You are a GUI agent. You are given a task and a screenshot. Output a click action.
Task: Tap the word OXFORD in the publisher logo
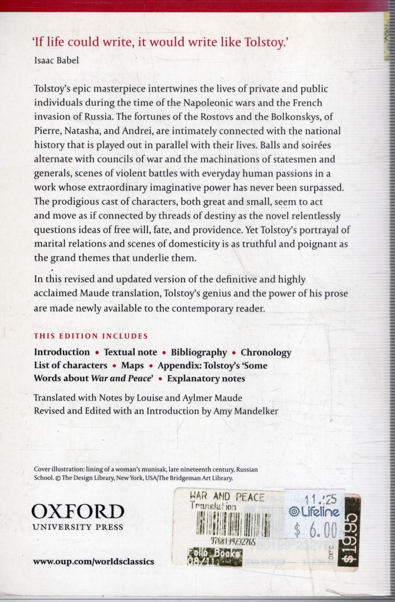pyautogui.click(x=78, y=511)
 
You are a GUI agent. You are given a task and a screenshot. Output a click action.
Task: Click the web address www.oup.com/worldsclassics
pyautogui.click(x=93, y=561)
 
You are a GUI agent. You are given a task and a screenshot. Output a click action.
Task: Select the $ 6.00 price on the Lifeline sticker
pyautogui.click(x=316, y=530)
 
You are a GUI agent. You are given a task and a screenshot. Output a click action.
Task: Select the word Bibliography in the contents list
pyautogui.click(x=199, y=352)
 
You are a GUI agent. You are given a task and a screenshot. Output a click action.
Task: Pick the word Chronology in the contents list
pyautogui.click(x=266, y=352)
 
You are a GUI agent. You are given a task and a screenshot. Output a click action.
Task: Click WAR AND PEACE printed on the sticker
pyautogui.click(x=227, y=497)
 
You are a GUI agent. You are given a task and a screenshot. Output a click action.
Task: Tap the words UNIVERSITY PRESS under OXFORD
pyautogui.click(x=78, y=527)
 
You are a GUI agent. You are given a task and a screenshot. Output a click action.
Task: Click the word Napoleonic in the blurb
pyautogui.click(x=215, y=102)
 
